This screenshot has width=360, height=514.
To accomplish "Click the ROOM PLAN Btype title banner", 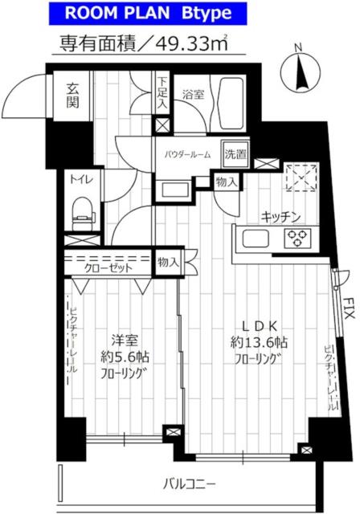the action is tap(148, 14).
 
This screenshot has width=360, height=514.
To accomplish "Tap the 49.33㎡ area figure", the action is tap(193, 43).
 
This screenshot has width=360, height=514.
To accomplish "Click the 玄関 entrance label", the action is tap(73, 96).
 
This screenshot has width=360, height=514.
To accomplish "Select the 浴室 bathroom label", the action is tap(193, 95).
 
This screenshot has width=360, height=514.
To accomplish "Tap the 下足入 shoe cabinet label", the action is tap(162, 93).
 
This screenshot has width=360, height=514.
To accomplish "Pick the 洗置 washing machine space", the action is tap(235, 153).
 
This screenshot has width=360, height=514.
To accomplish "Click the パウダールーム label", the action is tap(187, 154).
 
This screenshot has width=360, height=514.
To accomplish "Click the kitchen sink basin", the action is tap(255, 239).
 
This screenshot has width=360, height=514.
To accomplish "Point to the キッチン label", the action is tap(281, 217).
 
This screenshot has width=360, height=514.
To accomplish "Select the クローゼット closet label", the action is tap(108, 268).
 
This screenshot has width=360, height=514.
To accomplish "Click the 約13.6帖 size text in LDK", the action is tap(259, 343).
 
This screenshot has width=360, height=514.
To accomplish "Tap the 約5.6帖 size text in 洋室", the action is tap(125, 357).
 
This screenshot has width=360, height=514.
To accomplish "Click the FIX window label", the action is tap(350, 308).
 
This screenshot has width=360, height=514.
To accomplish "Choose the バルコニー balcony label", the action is tap(190, 484).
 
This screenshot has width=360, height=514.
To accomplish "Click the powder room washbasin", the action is tap(173, 190).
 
